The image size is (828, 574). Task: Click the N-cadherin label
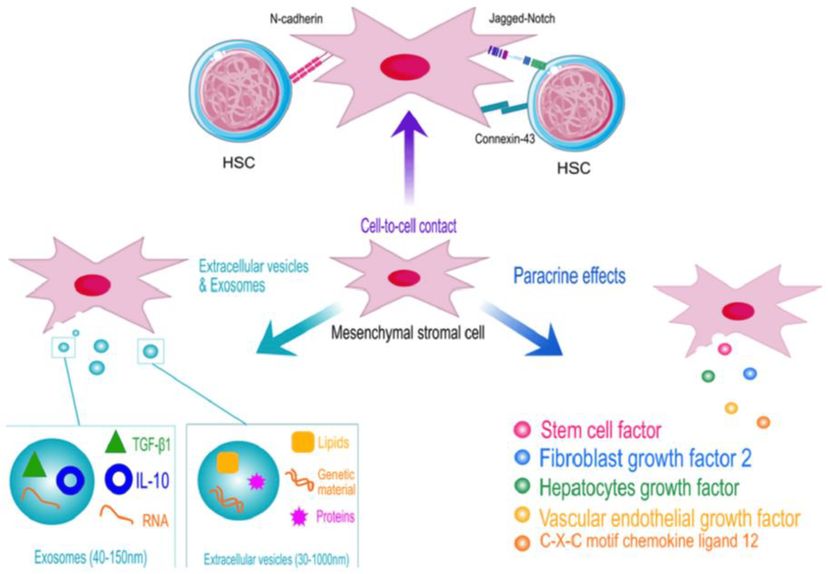pyautogui.click(x=296, y=19)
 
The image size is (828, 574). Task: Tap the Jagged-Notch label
pyautogui.click(x=522, y=19)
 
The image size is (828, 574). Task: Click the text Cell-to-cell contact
pyautogui.click(x=409, y=226)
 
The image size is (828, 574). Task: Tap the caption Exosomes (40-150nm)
pyautogui.click(x=91, y=557)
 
